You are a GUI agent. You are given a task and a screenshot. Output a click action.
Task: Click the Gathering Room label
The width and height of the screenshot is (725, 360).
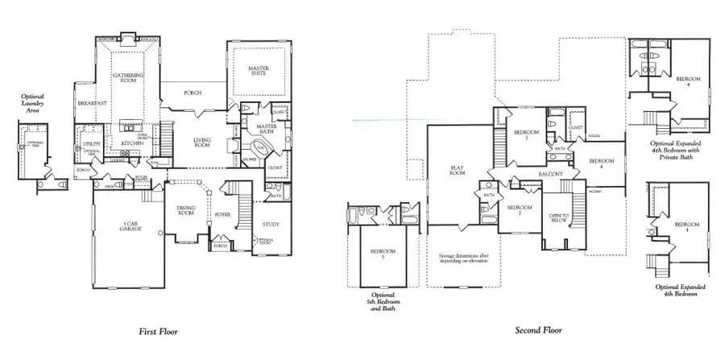point(127,78)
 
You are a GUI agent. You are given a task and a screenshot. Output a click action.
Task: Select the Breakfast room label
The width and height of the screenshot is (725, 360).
point(91,104)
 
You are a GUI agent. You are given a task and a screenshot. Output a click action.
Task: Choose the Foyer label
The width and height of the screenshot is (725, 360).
point(222,215)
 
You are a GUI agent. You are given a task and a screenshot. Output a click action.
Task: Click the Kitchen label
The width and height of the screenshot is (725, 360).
point(132,143)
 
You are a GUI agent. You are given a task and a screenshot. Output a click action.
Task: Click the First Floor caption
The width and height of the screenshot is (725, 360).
point(158,330)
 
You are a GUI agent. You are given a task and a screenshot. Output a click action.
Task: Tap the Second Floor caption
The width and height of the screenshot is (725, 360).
point(537,330)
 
